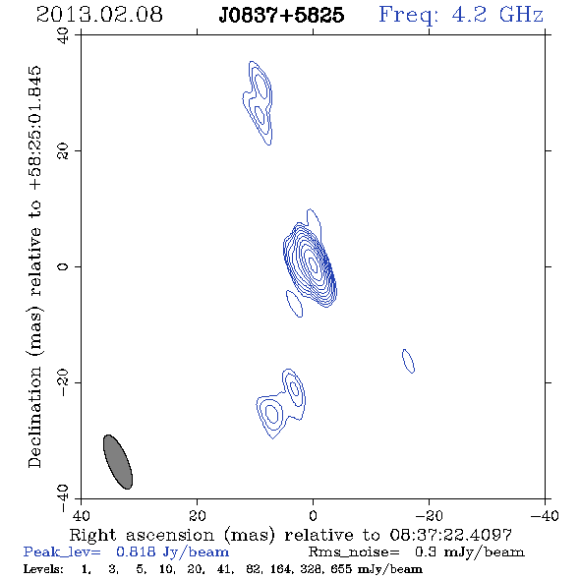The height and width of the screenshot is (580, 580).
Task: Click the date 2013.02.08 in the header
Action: click(x=99, y=15)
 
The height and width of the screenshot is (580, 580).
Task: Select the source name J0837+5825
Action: click(x=281, y=15)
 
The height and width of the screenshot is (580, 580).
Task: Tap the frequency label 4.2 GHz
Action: click(x=497, y=15)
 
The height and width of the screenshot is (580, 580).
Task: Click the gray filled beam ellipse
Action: click(x=118, y=462)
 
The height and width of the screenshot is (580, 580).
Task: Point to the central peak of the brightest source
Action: click(x=313, y=264)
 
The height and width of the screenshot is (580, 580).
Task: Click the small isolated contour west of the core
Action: click(x=408, y=361)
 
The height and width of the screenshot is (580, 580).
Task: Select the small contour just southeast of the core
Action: click(x=295, y=304)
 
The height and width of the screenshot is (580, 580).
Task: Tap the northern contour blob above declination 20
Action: click(x=259, y=103)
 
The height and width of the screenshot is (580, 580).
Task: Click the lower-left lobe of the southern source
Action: click(x=271, y=415)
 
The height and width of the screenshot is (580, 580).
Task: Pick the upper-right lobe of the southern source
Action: click(x=295, y=388)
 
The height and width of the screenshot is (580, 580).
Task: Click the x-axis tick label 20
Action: click(x=198, y=516)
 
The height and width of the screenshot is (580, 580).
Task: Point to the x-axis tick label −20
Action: click(x=429, y=516)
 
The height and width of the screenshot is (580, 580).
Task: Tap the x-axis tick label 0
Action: click(x=313, y=516)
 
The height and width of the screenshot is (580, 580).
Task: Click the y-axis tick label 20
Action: click(x=63, y=151)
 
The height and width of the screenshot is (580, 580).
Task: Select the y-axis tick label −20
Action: click(x=63, y=382)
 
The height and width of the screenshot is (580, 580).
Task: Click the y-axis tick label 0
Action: click(x=63, y=266)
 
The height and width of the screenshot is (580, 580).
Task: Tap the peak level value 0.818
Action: click(x=136, y=551)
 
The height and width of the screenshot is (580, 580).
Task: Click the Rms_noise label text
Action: click(x=354, y=552)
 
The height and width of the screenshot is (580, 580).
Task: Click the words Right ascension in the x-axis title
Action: click(x=142, y=535)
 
